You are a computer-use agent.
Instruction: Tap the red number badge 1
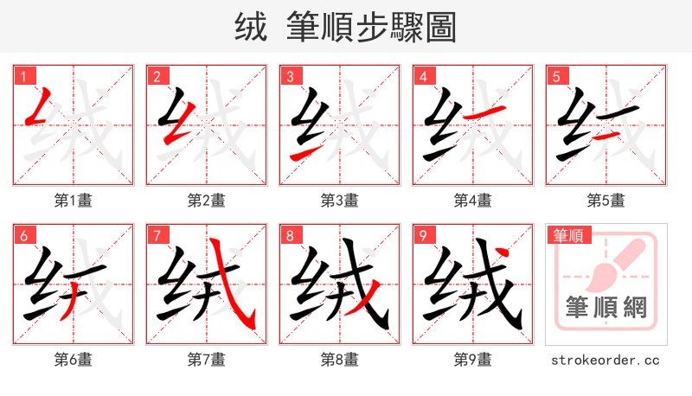(22, 77)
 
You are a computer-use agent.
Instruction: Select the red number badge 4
(422, 77)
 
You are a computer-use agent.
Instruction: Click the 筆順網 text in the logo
(605, 308)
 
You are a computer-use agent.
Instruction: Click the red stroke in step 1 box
(40, 110)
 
